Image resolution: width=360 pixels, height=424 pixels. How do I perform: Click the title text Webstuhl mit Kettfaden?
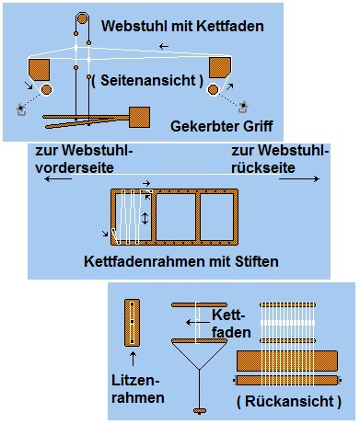coord(182,26)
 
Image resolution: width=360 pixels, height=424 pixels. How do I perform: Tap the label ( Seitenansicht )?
coord(147,80)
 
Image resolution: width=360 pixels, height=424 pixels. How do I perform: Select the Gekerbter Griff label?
coord(222,126)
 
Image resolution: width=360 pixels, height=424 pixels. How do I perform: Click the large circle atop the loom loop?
coord(82,18)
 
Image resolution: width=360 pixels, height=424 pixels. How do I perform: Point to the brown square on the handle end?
coord(140,117)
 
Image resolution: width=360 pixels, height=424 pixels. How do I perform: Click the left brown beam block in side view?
coord(39,70)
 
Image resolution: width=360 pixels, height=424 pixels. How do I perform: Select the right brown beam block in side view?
coord(220,67)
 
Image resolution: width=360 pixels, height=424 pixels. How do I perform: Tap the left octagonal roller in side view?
coord(46,90)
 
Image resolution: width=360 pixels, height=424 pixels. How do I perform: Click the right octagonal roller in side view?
coord(213,89)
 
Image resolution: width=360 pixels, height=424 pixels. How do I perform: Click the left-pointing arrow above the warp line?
coord(164,47)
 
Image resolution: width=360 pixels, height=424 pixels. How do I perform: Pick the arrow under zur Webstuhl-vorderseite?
coord(58,178)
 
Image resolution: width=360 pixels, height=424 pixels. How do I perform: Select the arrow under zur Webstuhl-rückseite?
coord(299,178)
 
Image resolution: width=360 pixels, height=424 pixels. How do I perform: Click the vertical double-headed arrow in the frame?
coord(145,218)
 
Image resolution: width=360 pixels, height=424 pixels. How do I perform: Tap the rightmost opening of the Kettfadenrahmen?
coord(216,217)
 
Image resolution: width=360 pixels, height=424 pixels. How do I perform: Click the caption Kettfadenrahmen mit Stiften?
coord(181,261)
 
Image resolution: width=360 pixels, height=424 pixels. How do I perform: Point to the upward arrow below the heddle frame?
coord(133,359)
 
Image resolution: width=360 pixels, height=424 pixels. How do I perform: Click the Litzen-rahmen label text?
coord(138,389)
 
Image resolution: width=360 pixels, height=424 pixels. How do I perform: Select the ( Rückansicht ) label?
coord(289,402)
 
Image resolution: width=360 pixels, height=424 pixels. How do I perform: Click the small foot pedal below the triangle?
coord(200,410)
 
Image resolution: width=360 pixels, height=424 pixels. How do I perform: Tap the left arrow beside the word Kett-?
coord(198,322)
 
